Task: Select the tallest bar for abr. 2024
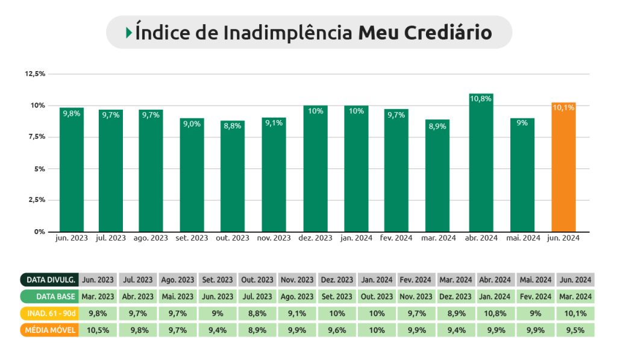pos(481,163)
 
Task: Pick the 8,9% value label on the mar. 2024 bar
pos(437,126)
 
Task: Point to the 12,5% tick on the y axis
pos(35,74)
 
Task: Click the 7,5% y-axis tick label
pos(36,137)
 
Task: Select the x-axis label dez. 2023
pos(315,238)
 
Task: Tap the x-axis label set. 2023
pos(192,238)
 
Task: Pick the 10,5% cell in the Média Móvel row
pos(98,330)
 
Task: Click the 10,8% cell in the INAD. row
pos(496,314)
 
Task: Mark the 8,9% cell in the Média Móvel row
pos(257,330)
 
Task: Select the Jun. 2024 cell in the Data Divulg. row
pos(575,280)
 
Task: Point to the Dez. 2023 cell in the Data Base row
pos(456,297)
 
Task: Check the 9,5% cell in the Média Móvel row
pos(575,330)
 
